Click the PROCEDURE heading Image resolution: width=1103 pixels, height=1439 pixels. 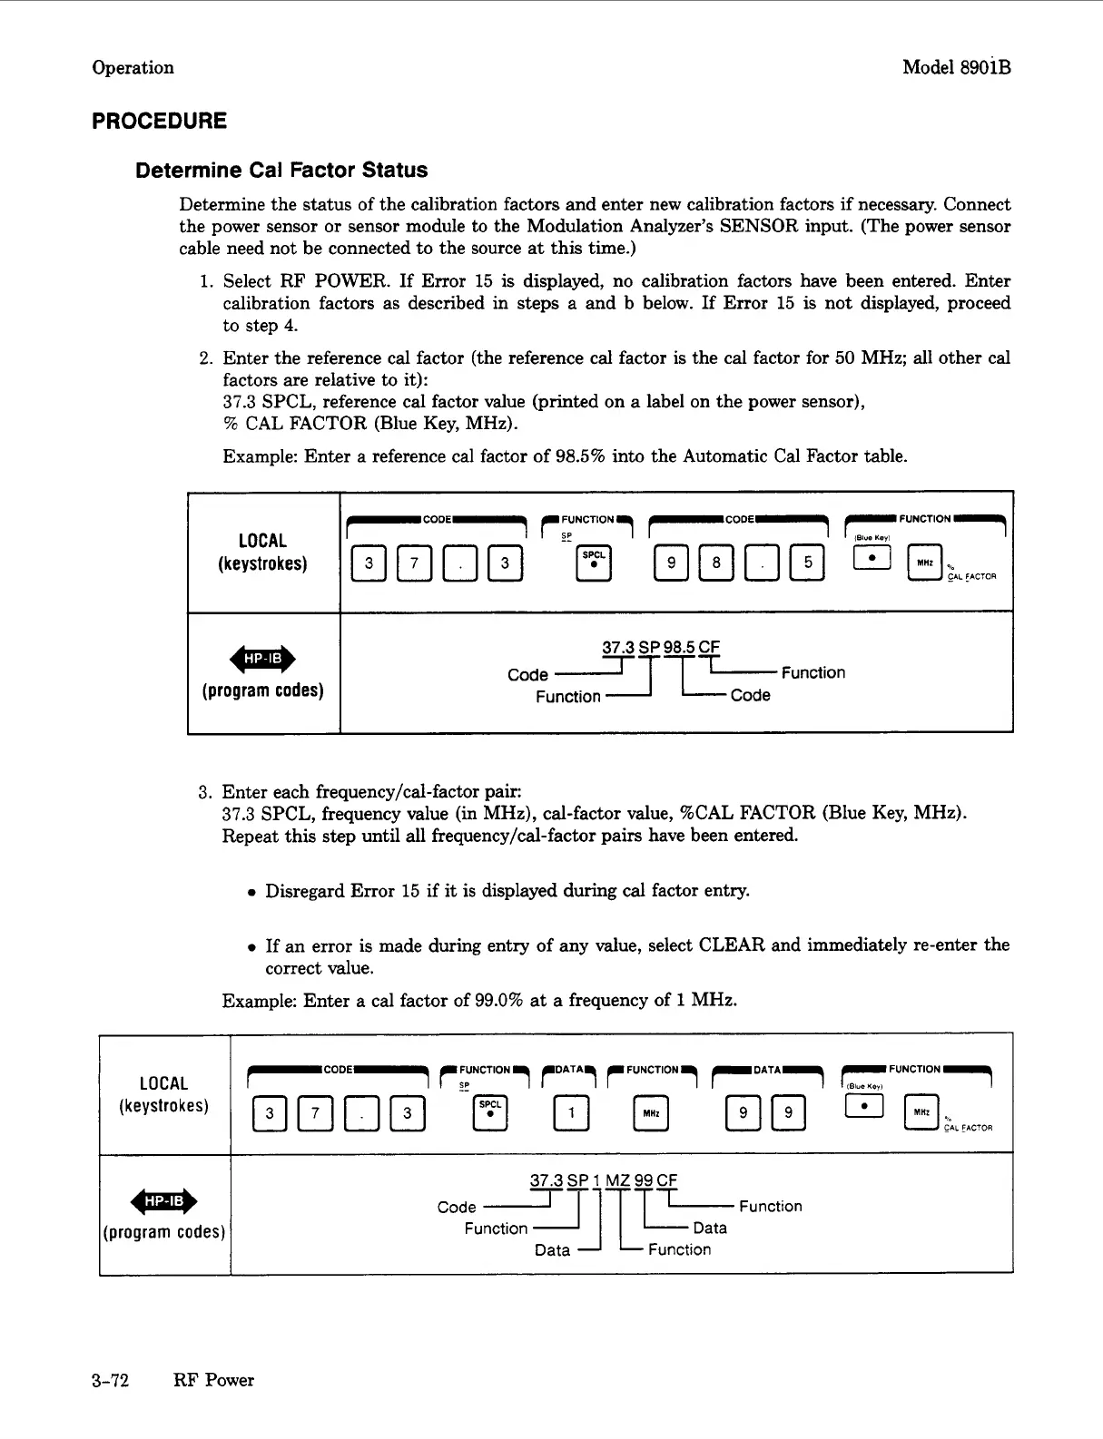click(159, 122)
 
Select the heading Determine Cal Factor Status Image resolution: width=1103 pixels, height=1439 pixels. click(281, 171)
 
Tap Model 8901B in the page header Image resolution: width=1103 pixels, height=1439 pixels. click(956, 67)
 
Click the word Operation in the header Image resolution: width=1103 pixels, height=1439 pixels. click(133, 67)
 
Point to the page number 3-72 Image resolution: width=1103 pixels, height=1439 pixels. click(110, 1380)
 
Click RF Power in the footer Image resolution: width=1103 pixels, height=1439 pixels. click(213, 1380)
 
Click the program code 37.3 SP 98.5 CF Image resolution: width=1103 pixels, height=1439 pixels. click(660, 648)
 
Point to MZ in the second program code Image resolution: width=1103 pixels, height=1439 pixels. click(617, 1181)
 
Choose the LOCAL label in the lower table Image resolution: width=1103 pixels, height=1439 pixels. click(163, 1083)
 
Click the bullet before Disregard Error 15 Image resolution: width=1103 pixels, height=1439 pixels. click(250, 893)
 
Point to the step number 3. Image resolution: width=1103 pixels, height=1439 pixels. click(204, 792)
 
